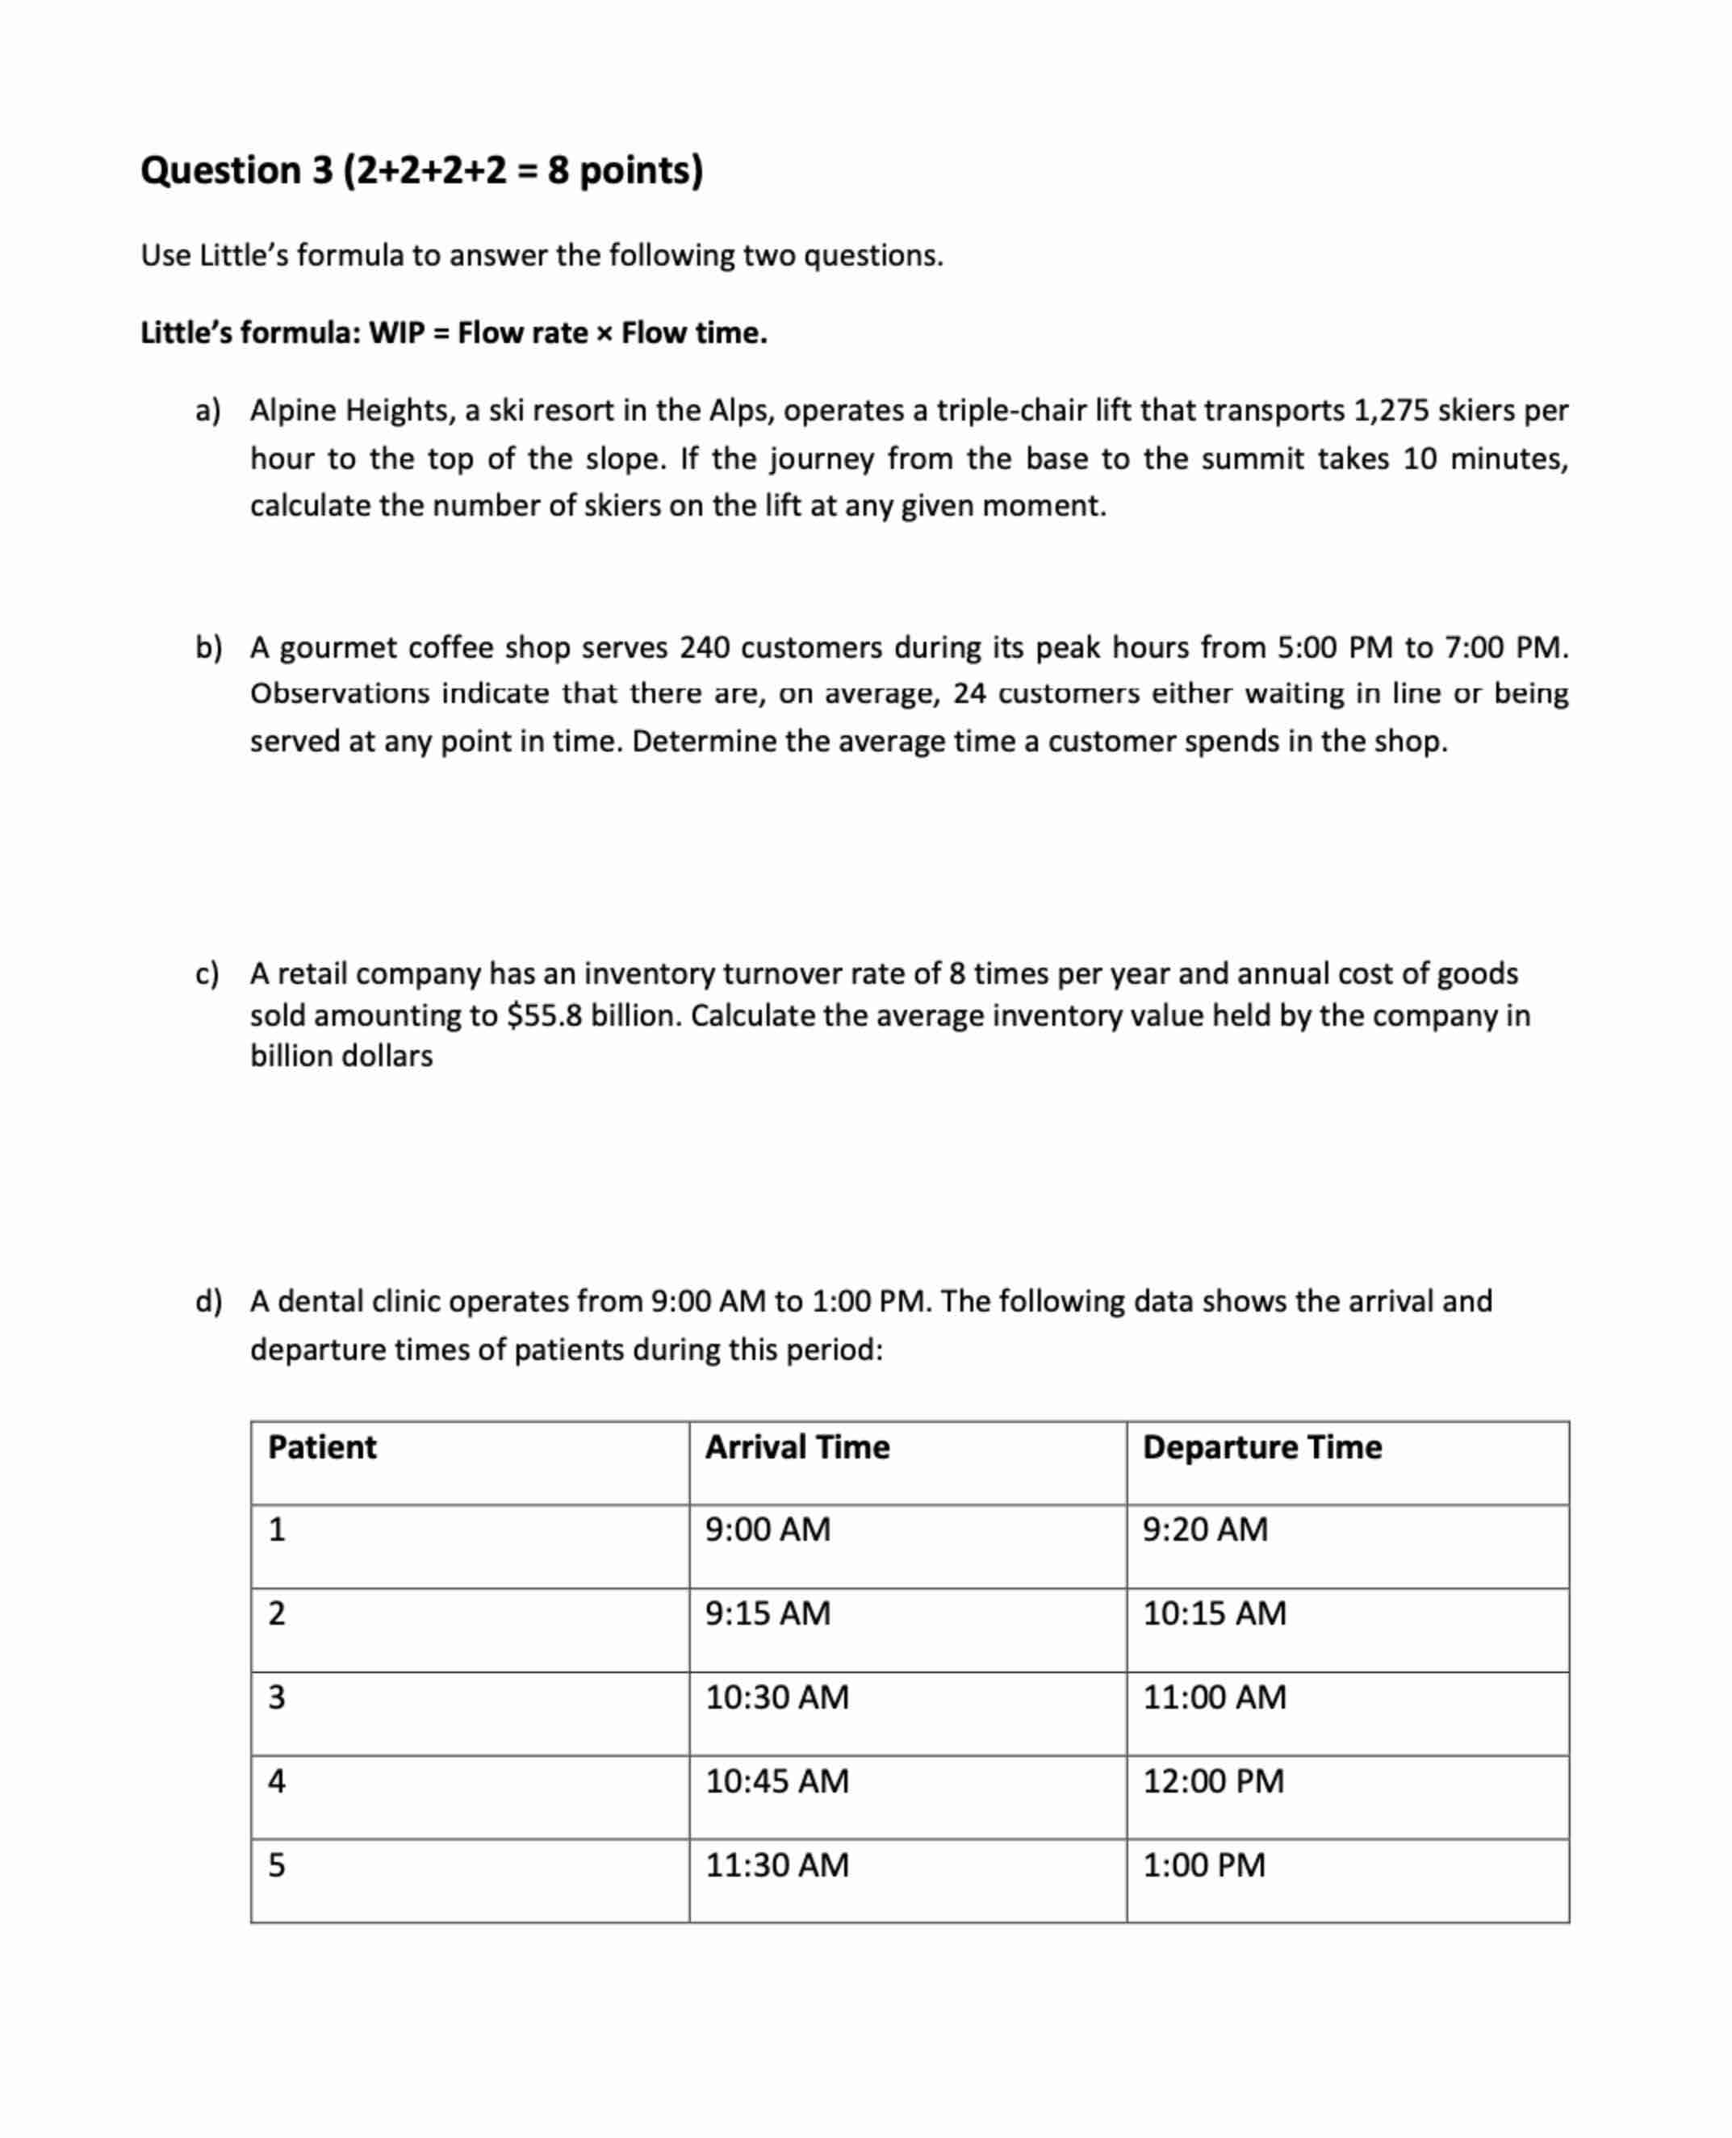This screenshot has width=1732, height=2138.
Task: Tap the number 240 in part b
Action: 705,648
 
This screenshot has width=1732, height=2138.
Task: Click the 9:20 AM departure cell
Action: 1205,1529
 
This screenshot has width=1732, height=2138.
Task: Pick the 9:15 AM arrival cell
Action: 768,1613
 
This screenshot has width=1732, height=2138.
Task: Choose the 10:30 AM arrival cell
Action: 777,1697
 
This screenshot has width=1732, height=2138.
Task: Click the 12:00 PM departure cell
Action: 1213,1780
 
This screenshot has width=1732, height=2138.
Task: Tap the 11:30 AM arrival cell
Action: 777,1864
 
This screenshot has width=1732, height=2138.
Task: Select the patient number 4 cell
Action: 278,1780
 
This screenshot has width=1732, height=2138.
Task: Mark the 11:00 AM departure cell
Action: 1214,1697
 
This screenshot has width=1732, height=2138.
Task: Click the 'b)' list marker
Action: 208,648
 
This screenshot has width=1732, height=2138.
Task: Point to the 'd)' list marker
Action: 208,1301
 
